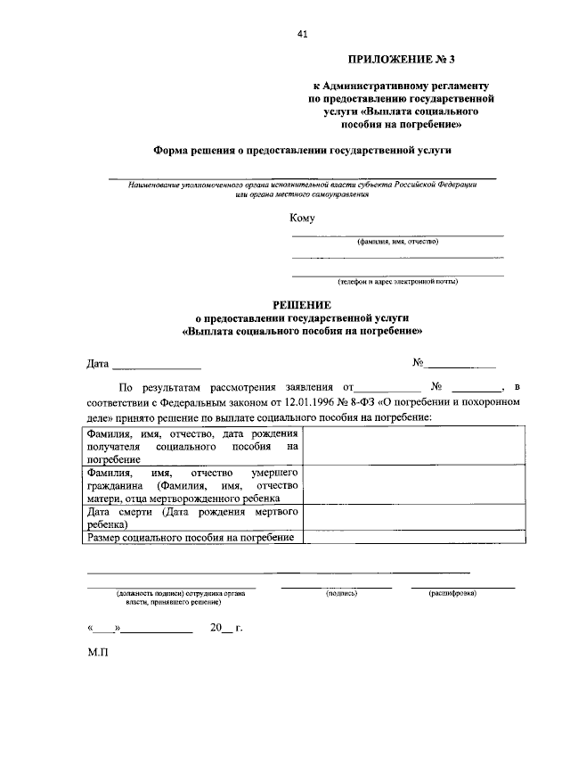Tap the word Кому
(301, 218)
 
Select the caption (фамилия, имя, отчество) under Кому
(397, 242)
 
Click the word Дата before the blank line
(97, 364)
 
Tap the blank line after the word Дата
(157, 366)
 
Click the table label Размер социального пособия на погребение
(190, 537)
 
